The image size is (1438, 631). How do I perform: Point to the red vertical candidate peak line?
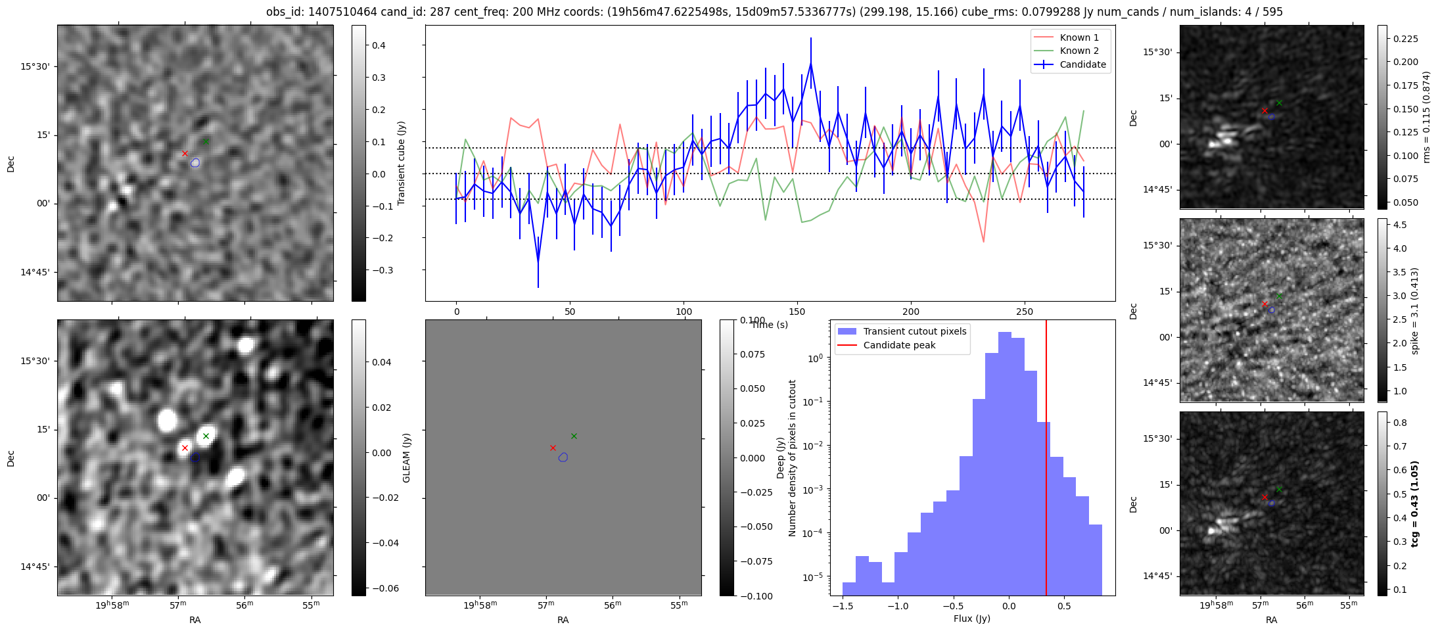click(1046, 460)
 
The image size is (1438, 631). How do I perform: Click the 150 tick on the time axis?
click(797, 312)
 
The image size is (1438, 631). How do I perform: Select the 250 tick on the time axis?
click(1025, 312)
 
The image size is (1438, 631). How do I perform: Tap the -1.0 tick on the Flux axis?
click(897, 606)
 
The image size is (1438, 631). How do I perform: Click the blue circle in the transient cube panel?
click(195, 162)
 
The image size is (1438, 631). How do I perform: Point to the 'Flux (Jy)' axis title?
click(971, 619)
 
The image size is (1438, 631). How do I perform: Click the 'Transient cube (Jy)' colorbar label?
click(402, 163)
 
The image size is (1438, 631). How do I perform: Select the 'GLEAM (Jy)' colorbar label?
click(406, 457)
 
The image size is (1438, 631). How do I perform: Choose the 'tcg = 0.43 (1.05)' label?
click(1416, 503)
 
